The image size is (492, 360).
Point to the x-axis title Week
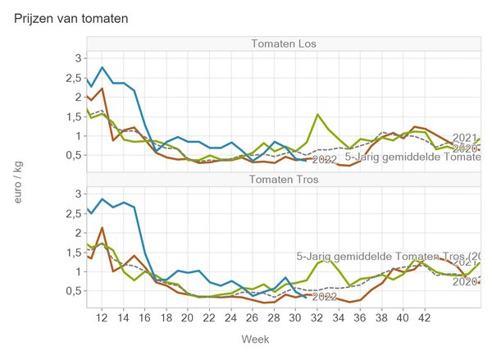click(252, 339)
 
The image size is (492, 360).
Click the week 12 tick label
click(102, 317)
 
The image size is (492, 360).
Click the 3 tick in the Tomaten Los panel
click(78, 58)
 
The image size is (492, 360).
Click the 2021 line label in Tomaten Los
click(465, 138)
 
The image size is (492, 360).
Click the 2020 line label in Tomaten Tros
click(465, 281)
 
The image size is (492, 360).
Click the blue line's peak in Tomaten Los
click(102, 67)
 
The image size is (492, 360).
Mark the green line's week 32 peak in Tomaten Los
click(317, 114)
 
